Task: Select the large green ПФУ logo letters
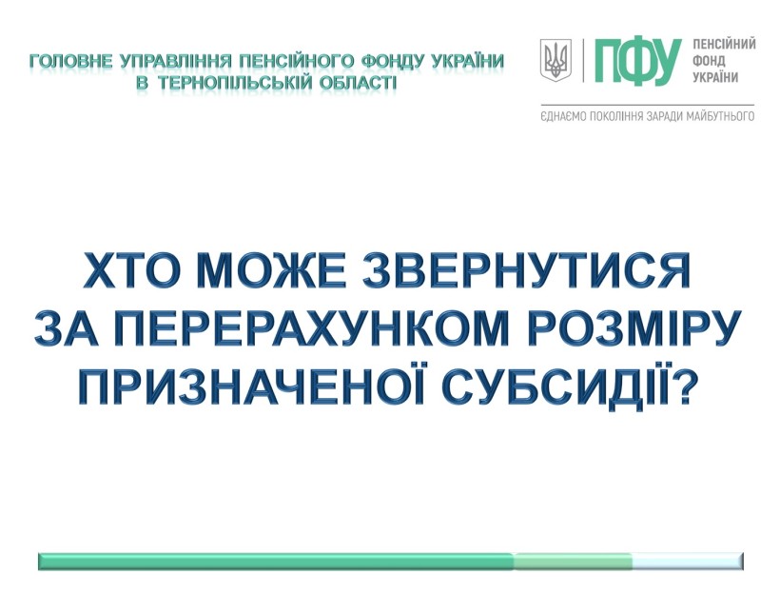[637, 61]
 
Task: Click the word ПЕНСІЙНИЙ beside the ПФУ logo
[724, 44]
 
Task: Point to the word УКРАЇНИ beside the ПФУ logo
[715, 78]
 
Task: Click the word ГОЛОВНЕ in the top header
[71, 62]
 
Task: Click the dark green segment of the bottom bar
[276, 561]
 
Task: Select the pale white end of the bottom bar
[688, 561]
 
